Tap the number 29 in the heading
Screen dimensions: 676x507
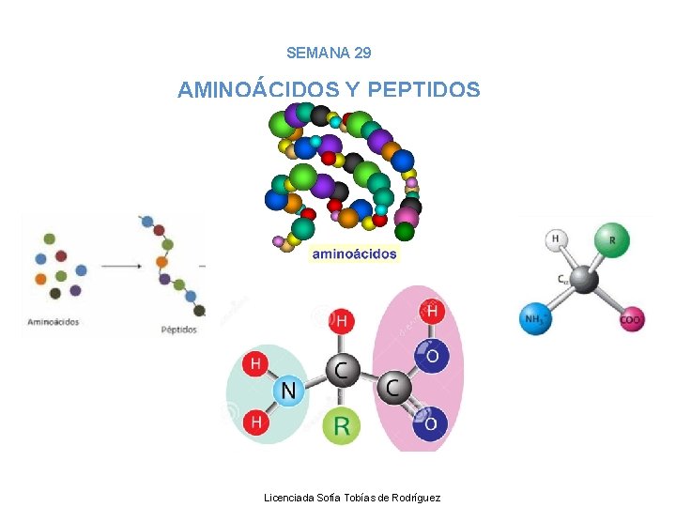click(362, 54)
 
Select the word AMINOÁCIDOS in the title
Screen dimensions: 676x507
click(258, 90)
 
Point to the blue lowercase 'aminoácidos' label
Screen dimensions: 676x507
click(354, 253)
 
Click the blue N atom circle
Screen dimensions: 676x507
click(288, 391)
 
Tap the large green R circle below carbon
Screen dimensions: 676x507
click(341, 427)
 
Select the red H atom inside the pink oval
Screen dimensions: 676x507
click(431, 312)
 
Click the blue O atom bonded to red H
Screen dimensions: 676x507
click(430, 356)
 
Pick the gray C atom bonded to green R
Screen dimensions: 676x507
click(341, 370)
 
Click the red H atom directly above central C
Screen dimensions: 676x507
click(341, 322)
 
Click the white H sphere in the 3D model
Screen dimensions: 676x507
click(556, 240)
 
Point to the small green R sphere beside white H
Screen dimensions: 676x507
click(612, 239)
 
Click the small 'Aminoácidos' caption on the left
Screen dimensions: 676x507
click(54, 322)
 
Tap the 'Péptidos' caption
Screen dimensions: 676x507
click(178, 330)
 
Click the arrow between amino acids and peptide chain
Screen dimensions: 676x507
click(120, 266)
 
